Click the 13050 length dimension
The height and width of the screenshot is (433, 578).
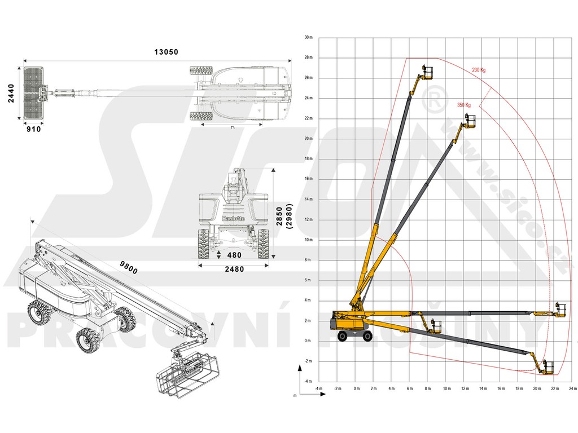pyautogui.click(x=166, y=52)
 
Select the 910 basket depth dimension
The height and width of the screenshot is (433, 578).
pyautogui.click(x=34, y=129)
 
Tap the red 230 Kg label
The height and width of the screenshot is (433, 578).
pyautogui.click(x=479, y=70)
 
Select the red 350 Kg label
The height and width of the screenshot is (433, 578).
pyautogui.click(x=464, y=105)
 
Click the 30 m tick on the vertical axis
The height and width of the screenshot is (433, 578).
pyautogui.click(x=308, y=37)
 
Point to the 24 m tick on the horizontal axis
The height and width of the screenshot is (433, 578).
pyautogui.click(x=573, y=388)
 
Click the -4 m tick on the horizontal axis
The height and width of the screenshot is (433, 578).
pyautogui.click(x=319, y=388)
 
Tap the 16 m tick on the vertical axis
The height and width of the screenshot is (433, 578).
pyautogui.click(x=308, y=179)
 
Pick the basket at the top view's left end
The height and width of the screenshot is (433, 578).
pyautogui.click(x=34, y=93)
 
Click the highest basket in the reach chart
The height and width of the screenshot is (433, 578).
pyautogui.click(x=429, y=73)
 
